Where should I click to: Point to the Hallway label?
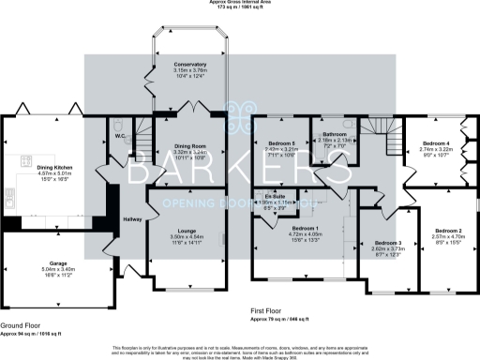pyautogui.click(x=131, y=218)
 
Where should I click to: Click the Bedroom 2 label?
pyautogui.click(x=447, y=231)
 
